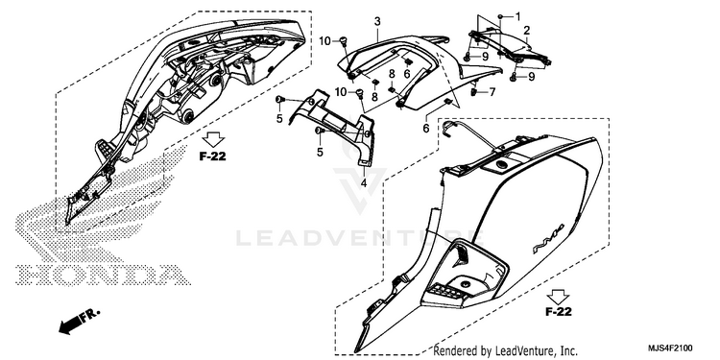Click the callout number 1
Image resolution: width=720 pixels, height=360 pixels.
pyautogui.click(x=518, y=16)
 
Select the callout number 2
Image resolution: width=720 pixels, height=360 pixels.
pyautogui.click(x=527, y=31)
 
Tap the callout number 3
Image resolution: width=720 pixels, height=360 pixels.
pyautogui.click(x=377, y=21)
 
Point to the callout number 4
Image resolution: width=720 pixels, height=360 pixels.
pyautogui.click(x=364, y=183)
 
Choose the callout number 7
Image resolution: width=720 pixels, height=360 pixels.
pyautogui.click(x=492, y=92)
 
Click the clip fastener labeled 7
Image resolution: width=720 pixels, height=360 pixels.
pyautogui.click(x=473, y=93)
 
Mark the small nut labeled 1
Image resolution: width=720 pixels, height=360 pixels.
pyautogui.click(x=500, y=16)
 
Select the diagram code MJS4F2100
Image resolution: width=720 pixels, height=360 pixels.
pyautogui.click(x=670, y=348)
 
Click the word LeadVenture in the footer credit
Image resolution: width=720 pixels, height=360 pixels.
pyautogui.click(x=520, y=350)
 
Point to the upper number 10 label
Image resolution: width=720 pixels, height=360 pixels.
pyautogui.click(x=325, y=41)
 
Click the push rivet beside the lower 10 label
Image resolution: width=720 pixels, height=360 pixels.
pyautogui.click(x=360, y=94)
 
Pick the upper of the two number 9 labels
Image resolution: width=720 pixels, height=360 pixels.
pyautogui.click(x=485, y=57)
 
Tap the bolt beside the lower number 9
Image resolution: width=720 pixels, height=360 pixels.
pyautogui.click(x=514, y=78)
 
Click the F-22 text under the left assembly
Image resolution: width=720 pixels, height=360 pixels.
pyautogui.click(x=212, y=156)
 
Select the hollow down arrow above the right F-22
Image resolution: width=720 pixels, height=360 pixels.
pyautogui.click(x=559, y=297)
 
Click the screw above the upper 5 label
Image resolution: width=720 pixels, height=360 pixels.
pyautogui.click(x=278, y=100)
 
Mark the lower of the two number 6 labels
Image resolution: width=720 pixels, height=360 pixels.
pyautogui.click(x=425, y=129)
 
